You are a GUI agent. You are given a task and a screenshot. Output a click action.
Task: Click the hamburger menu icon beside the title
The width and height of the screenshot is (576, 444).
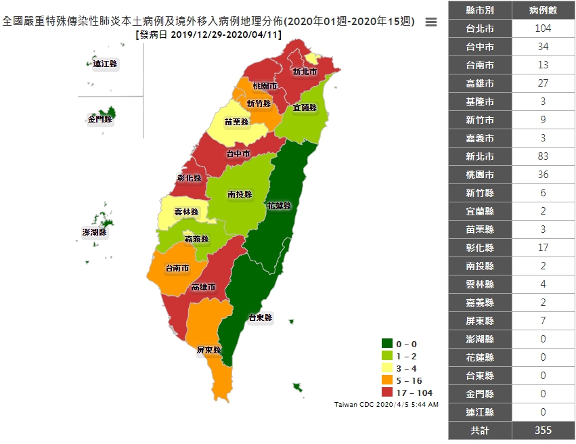coord(430,22)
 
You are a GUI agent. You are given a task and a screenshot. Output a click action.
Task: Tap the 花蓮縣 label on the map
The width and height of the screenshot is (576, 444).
coord(280,205)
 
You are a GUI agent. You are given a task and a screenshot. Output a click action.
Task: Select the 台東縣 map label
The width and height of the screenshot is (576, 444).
coord(260,317)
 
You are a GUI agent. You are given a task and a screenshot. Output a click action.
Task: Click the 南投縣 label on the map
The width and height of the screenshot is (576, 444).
coord(240,194)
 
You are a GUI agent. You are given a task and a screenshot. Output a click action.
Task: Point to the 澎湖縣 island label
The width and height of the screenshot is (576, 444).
coord(95,232)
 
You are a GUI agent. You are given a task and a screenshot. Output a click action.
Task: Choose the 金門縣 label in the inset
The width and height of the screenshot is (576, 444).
coord(99,119)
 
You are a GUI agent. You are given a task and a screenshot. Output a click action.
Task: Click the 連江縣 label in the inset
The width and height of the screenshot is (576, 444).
coord(105,64)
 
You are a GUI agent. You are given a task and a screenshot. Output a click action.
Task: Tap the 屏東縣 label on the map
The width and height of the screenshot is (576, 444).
coord(208,351)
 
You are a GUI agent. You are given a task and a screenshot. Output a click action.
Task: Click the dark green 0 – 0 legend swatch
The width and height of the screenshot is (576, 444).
coord(387,344)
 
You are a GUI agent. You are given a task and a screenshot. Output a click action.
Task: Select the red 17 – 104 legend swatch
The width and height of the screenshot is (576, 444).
coord(387,393)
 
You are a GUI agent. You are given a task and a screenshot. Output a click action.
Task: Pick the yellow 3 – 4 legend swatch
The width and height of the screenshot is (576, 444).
coord(387,368)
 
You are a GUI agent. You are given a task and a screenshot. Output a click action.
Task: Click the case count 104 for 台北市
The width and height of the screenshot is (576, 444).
coord(543,28)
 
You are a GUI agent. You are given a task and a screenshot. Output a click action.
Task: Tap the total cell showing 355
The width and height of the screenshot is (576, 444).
coord(543,430)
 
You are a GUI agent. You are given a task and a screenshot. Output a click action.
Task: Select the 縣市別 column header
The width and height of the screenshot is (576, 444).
coord(480,10)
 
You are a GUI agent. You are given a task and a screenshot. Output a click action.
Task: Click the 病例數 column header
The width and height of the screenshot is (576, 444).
coord(543,10)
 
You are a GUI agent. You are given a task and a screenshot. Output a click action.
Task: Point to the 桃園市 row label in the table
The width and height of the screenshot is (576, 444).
coord(480,175)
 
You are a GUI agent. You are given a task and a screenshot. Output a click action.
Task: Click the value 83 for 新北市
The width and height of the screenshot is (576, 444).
coord(543,156)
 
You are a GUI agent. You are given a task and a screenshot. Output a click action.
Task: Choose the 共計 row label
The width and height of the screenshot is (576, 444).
coord(480,430)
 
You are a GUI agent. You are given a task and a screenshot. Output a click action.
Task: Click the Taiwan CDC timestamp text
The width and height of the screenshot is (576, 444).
coord(386,405)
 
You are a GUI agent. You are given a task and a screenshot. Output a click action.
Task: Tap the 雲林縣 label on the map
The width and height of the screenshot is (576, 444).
coord(186,212)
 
